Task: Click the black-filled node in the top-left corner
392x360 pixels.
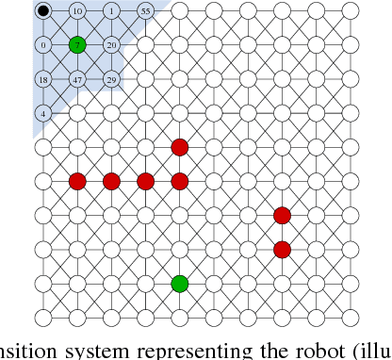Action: tap(43, 11)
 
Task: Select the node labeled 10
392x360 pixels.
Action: tap(77, 11)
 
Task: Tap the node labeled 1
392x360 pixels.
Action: tap(111, 11)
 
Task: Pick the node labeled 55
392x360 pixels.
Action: tap(145, 11)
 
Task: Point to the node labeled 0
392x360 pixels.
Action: tap(43, 45)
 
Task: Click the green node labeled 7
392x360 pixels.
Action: tap(77, 45)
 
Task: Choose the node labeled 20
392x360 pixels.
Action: tap(111, 45)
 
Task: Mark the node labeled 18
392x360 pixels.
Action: tap(43, 79)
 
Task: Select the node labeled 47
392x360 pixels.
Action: tap(77, 79)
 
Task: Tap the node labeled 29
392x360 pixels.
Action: tap(111, 79)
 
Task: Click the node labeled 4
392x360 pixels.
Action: tap(43, 113)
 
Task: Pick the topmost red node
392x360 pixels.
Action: tap(179, 147)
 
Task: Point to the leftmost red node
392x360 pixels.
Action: tap(77, 181)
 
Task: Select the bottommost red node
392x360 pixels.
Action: tap(281, 249)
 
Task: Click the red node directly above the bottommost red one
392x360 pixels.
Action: tap(281, 215)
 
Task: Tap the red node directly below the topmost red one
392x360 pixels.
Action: tap(179, 181)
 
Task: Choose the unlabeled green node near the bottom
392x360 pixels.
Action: tap(179, 283)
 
